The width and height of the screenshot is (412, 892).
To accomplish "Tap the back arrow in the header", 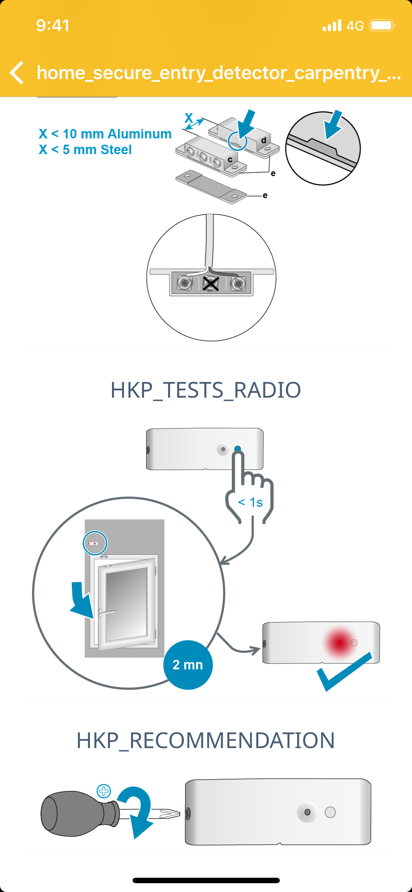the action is [17, 73].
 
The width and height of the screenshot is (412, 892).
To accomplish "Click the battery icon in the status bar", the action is [382, 26].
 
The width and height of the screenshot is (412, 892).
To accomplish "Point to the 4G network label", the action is [355, 26].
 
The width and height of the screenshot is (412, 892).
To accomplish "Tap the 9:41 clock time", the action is [53, 26].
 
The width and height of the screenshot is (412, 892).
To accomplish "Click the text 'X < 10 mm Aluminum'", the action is [105, 134].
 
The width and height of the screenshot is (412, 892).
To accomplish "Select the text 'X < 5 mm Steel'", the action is [85, 150].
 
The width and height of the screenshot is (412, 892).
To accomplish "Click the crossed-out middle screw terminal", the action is [211, 283].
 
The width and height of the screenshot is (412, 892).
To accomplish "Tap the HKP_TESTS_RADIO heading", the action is [206, 390].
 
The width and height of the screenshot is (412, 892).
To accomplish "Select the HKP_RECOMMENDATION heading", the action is [206, 740].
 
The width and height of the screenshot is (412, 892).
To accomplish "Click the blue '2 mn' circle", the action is [188, 665].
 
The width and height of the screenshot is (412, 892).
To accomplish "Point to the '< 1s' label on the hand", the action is [250, 502].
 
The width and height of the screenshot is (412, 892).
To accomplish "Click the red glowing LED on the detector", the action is [340, 643].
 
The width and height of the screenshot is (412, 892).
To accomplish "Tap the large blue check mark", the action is [344, 672].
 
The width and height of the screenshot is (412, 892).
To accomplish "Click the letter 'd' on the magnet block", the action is [264, 140].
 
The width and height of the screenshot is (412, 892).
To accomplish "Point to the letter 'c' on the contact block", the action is [230, 160].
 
